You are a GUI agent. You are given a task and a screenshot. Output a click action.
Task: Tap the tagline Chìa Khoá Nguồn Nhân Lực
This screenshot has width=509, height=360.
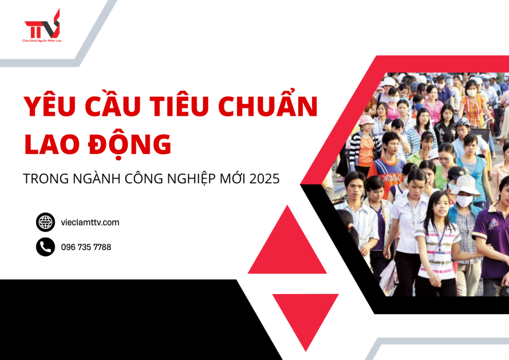tap(42, 40)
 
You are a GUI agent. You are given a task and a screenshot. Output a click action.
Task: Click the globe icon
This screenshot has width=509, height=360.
tap(45, 222)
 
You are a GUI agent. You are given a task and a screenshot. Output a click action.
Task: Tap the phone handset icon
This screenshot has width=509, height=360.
tap(45, 247)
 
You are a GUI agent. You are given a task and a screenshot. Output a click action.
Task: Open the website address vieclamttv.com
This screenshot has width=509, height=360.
tap(90, 222)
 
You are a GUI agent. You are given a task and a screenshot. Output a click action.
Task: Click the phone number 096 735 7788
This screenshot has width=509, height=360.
tap(86, 247)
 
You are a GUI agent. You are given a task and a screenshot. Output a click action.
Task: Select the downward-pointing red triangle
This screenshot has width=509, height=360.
tap(305, 316)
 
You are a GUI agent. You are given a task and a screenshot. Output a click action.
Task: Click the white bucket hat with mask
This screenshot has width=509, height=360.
tap(464, 185)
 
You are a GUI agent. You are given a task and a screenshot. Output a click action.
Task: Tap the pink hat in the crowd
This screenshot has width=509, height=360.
tap(366, 120)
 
